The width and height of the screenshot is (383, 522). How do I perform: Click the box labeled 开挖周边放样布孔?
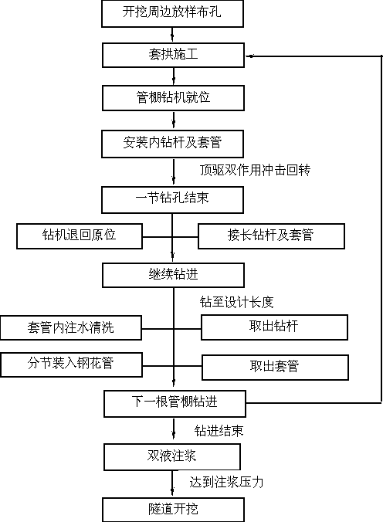coord(172,14)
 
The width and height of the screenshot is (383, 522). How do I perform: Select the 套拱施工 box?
coord(173,55)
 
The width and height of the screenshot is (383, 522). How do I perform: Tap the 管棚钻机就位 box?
coord(173,98)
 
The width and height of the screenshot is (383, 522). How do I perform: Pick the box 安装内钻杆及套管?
coord(172,144)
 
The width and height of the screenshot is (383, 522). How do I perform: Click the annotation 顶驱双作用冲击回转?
coord(255,170)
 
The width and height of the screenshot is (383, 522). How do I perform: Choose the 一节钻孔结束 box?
coord(172,200)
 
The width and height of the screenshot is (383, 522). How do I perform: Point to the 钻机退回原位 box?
coord(80,236)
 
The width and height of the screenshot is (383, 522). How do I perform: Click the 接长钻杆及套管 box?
coord(272,236)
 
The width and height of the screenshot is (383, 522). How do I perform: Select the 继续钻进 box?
coord(173,275)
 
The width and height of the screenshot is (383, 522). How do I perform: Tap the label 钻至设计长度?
coord(237,302)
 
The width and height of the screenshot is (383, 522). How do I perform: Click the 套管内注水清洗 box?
coord(71,327)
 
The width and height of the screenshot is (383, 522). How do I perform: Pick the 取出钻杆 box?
coord(274,327)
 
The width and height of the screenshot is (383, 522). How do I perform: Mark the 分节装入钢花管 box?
coord(72,365)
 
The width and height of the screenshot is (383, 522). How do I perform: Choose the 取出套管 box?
coord(275,368)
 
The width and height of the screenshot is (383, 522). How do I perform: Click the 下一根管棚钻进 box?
coord(175,404)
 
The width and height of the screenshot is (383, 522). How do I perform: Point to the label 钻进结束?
coord(219,431)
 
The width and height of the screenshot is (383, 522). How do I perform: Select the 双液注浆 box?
coord(172,457)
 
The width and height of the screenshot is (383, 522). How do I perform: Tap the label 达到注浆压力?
coord(226,482)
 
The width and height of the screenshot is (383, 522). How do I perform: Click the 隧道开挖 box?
coord(173,510)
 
